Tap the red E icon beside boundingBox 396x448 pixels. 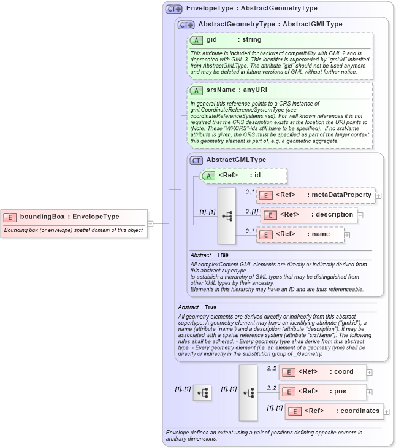10,217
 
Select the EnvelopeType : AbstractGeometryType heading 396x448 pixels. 251,9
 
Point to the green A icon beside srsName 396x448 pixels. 196,90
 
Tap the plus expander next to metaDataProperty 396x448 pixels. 378,196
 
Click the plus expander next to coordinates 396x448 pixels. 387,411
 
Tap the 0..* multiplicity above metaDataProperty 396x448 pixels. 249,191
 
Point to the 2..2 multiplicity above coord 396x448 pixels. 272,368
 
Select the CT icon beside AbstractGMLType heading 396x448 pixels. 196,160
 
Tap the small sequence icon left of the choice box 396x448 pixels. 202,393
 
